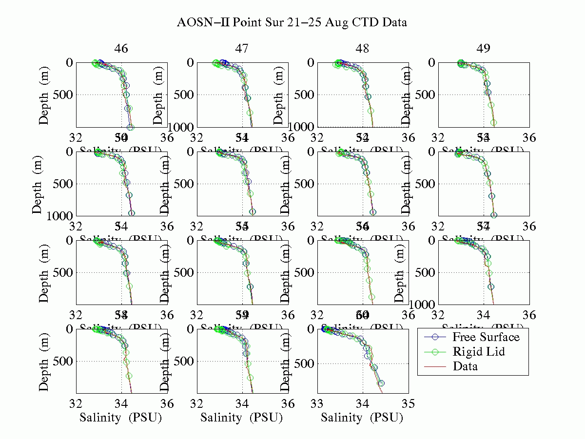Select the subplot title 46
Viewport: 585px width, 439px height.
tap(121, 48)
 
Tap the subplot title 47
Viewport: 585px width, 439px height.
tap(242, 48)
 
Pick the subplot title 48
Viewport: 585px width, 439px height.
tap(363, 48)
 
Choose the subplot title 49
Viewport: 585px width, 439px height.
tap(484, 48)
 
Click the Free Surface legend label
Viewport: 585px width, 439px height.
tap(486, 337)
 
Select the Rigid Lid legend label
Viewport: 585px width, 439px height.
tap(478, 352)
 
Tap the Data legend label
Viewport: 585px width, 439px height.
tap(465, 366)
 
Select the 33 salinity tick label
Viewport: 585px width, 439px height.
tap(317, 404)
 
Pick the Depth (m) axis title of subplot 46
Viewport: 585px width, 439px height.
tap(44, 95)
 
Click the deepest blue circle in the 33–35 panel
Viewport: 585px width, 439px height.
tap(381, 383)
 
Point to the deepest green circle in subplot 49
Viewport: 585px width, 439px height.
tap(493, 123)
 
